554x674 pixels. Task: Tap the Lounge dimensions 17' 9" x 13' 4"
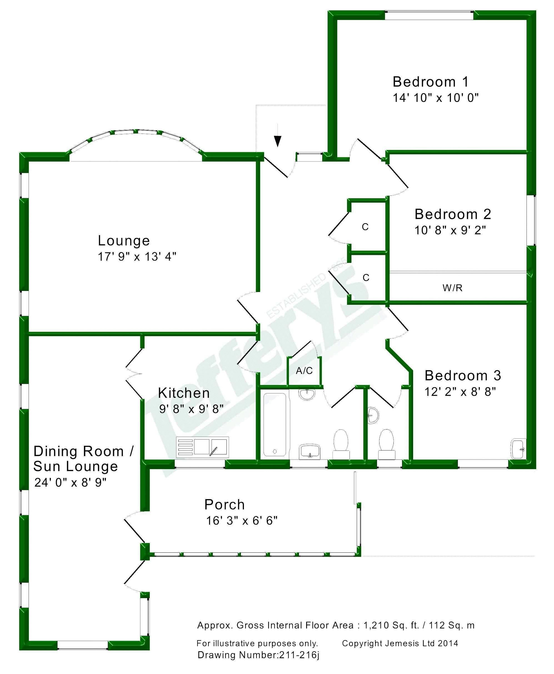point(137,257)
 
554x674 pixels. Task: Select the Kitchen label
point(184,393)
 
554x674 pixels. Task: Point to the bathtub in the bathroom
point(275,424)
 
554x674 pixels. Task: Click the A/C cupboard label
point(304,371)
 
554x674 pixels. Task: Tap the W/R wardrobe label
point(452,288)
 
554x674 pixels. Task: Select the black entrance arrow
point(278,139)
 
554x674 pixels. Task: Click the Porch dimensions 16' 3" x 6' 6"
point(242,521)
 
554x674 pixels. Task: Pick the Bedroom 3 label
point(462,376)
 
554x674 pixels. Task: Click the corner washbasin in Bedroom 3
point(518,449)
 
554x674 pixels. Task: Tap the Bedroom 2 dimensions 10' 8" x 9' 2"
point(450,230)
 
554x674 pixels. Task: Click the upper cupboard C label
point(365,227)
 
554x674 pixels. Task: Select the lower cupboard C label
point(366,278)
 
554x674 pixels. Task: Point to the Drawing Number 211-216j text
point(258,655)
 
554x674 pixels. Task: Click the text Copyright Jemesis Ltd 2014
point(400,643)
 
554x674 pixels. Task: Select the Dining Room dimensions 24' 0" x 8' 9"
point(70,482)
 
